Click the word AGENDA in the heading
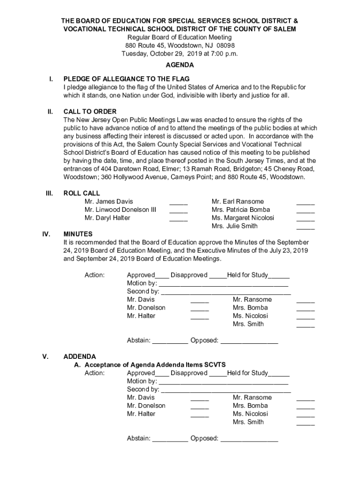[x=180, y=65]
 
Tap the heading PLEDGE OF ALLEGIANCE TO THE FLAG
[x=126, y=79]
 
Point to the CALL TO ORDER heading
[x=90, y=112]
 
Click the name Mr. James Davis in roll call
[x=108, y=202]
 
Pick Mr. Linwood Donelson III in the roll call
[x=120, y=210]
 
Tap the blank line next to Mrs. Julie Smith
[x=305, y=227]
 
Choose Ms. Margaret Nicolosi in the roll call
[x=243, y=218]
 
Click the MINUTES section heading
[x=78, y=234]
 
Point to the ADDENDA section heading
[x=79, y=356]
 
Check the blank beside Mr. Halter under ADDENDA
[x=200, y=415]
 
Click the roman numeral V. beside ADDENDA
[x=45, y=356]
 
